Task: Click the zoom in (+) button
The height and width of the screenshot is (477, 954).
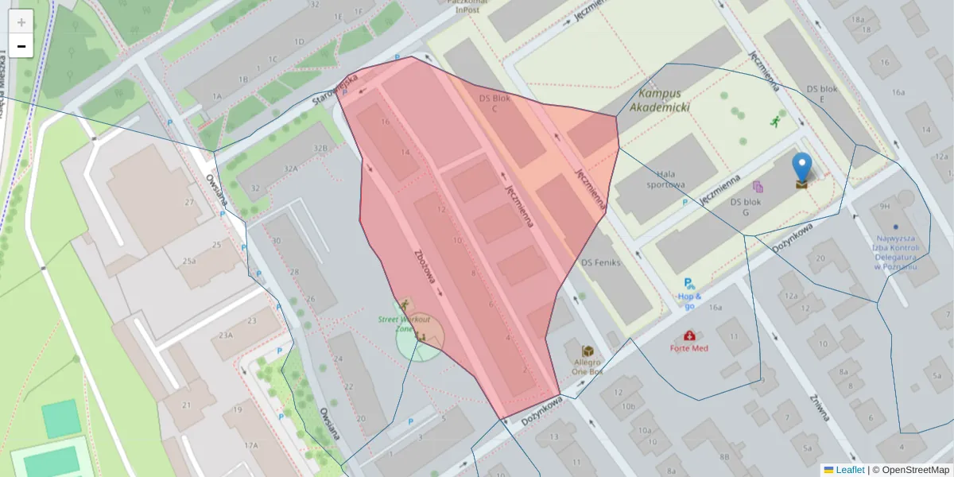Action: (x=21, y=22)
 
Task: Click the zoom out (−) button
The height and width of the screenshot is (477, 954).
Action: (x=21, y=47)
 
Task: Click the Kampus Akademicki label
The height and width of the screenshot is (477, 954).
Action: (x=659, y=100)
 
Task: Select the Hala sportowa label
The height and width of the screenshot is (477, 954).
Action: (x=671, y=179)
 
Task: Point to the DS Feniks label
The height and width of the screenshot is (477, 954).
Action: (x=600, y=262)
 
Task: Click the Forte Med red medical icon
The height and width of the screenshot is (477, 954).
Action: (x=688, y=335)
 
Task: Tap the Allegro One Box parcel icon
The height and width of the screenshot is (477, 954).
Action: (x=588, y=351)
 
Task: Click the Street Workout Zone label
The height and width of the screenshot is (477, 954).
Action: (x=404, y=324)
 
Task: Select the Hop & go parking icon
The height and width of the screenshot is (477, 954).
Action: (x=688, y=283)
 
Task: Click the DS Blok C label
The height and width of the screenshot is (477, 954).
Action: (x=494, y=103)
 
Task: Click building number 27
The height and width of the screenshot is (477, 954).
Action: (x=189, y=202)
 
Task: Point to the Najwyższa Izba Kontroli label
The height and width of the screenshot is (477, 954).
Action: (x=896, y=252)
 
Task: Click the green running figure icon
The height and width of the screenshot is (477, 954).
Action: (x=775, y=121)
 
